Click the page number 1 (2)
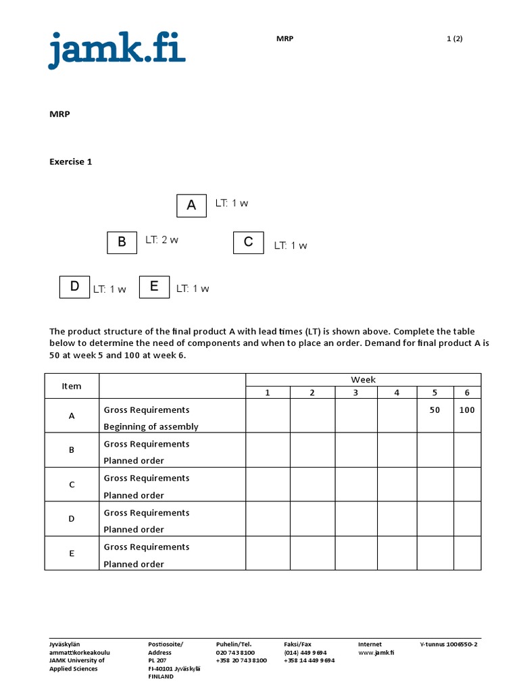pos(454,39)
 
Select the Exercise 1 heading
pos(70,162)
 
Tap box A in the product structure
pos(191,205)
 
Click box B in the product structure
pos(122,242)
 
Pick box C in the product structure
pos(248,242)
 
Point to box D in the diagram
pos(74,287)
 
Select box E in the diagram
pos(154,287)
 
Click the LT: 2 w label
pos(162,240)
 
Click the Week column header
pos(363,380)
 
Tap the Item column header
pos(72,386)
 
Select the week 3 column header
pos(355,393)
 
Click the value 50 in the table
pos(435,410)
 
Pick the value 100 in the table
pos(467,410)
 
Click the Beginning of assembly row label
pos(151,426)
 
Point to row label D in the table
pos(72,519)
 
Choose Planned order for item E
pos(134,564)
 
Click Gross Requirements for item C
pos(146,478)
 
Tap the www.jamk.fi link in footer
pos(376,653)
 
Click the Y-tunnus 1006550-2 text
pos(449,645)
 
